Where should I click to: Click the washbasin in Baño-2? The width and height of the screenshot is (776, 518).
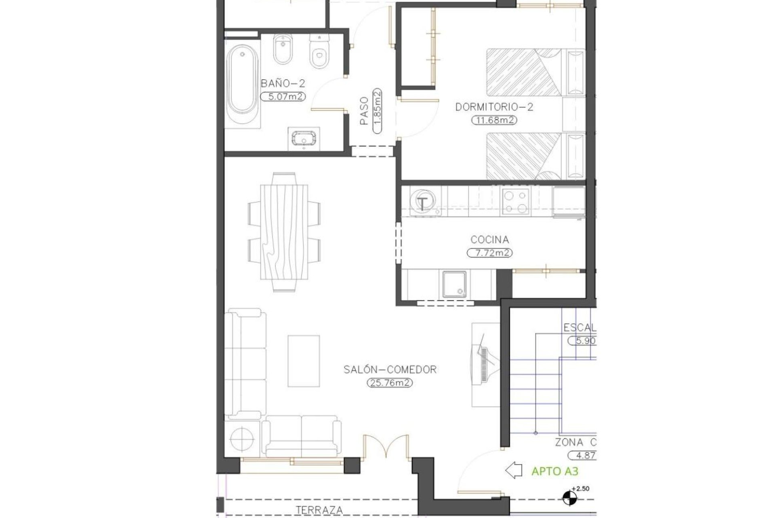tap(304, 138)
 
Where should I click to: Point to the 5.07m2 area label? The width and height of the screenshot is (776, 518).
tap(283, 97)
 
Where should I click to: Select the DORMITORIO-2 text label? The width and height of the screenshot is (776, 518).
tap(494, 107)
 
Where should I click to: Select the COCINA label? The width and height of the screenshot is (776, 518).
tap(489, 240)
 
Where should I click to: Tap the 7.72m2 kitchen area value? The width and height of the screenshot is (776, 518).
tap(489, 253)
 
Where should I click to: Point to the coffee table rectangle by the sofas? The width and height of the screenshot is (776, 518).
tap(304, 361)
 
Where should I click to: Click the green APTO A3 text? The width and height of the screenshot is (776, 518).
tap(555, 471)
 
